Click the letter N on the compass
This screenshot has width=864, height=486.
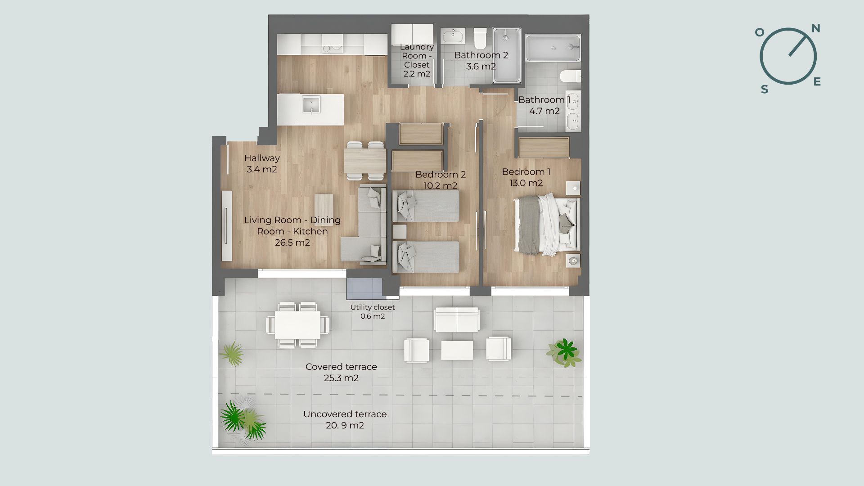click(815, 29)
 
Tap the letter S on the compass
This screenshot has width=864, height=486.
click(765, 90)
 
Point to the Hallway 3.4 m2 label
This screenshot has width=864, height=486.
click(262, 164)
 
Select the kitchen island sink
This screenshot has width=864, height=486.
click(311, 105)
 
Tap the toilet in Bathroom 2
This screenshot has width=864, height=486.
click(480, 38)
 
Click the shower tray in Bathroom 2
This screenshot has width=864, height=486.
click(507, 55)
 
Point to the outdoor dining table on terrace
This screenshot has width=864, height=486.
click(298, 325)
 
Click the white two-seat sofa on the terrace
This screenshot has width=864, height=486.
click(457, 320)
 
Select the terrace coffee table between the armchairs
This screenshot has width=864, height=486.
click(457, 350)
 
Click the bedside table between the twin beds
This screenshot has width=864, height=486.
click(399, 231)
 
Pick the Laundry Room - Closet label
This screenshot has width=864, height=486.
click(417, 60)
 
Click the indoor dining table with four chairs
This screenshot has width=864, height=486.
click(365, 160)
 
